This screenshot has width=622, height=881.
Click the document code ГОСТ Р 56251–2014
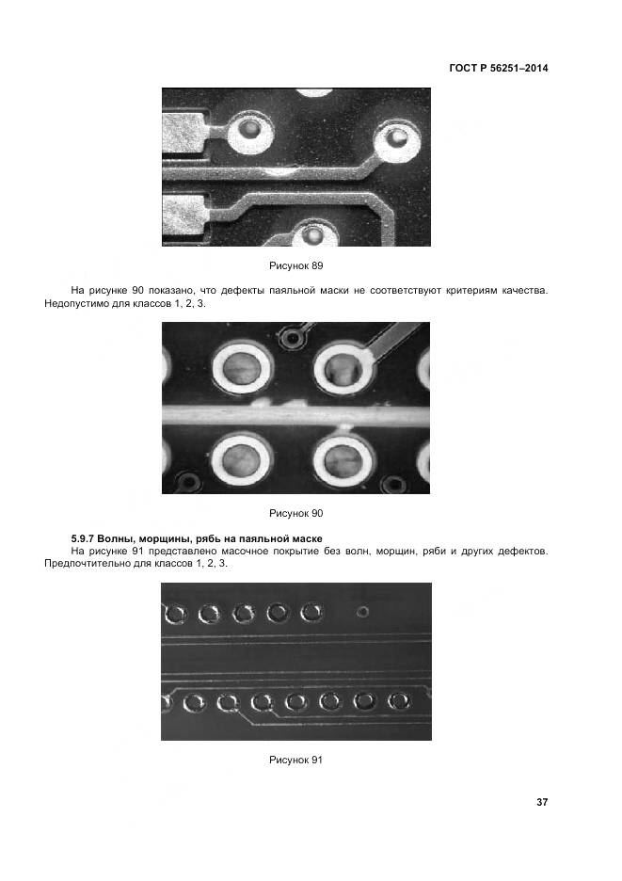(499, 68)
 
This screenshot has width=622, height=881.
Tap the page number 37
(542, 802)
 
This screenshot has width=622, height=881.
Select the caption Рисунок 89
(296, 265)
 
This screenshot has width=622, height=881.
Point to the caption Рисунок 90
(296, 513)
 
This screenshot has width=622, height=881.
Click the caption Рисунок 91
(295, 760)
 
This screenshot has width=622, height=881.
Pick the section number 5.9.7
(82, 538)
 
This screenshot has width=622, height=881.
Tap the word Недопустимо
(72, 303)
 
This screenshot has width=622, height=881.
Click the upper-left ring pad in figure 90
(242, 369)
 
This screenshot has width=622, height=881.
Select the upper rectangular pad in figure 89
(184, 132)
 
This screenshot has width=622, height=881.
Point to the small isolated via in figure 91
(363, 611)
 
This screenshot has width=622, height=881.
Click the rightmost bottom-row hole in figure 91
(399, 700)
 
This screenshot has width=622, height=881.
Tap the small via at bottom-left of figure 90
(188, 482)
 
